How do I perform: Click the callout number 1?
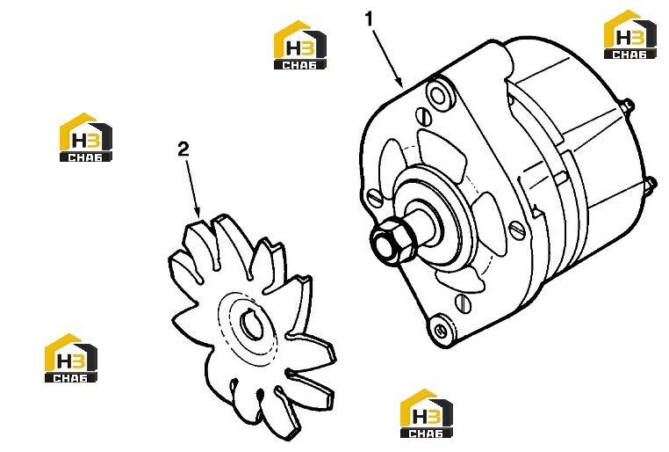pos(369,19)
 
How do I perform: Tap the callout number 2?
pos(183,149)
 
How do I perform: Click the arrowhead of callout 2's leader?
pos(197,211)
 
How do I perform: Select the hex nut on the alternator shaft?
pos(392,242)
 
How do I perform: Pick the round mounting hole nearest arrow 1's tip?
pos(438,96)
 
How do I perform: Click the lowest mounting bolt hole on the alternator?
pos(441,329)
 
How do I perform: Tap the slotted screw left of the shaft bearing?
pos(375,198)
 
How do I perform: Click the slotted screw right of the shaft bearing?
pos(517,230)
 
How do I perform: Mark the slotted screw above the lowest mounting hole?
pos(463,303)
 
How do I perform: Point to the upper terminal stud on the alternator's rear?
pos(629,106)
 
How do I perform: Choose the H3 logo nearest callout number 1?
pos(300,45)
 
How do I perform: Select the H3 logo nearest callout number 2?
pos(86,137)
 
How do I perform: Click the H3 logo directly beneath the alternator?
pos(426,413)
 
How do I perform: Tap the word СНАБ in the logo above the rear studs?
pos(629,55)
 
